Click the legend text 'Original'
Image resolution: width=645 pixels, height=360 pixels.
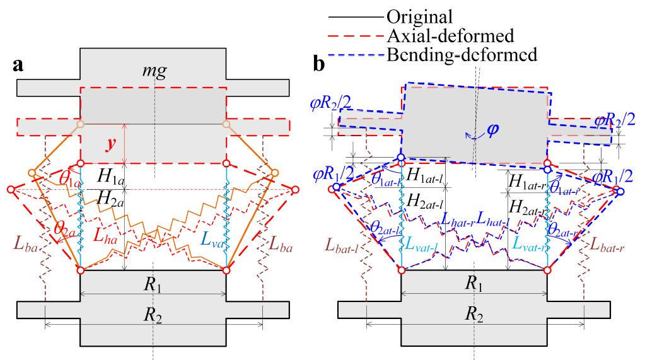coord(419,15)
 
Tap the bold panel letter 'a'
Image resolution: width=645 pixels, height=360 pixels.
coord(20,65)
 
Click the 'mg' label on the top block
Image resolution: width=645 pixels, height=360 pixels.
coord(154,71)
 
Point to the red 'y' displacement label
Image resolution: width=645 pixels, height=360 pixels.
coord(111,144)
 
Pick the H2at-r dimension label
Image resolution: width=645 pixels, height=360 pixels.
coord(527,206)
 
